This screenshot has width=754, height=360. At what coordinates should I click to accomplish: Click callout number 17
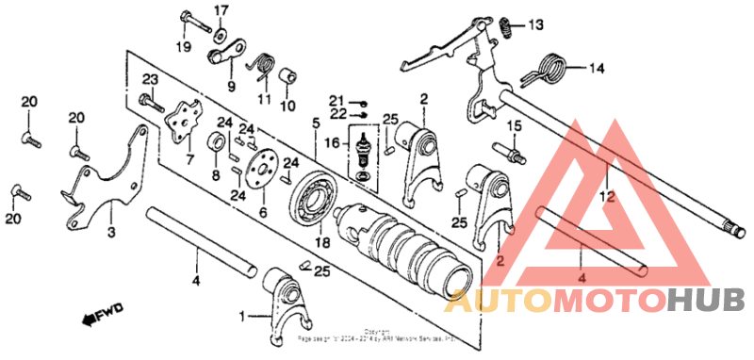click(221, 10)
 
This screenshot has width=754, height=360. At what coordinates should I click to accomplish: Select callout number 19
click(184, 46)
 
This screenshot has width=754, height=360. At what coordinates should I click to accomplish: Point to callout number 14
click(597, 68)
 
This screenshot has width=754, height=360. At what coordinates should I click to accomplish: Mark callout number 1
click(243, 316)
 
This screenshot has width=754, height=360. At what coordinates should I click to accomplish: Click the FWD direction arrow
click(92, 319)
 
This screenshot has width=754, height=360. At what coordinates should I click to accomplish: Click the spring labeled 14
click(550, 67)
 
